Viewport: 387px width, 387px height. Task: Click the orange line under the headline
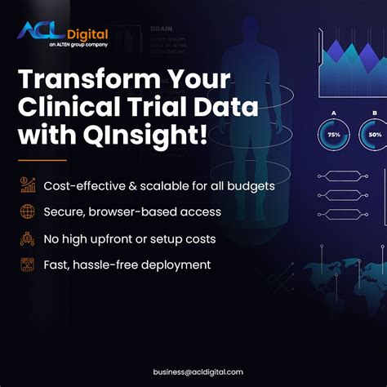42,159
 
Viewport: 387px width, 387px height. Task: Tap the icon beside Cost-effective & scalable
27,186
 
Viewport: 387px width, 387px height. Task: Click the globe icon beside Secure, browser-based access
27,212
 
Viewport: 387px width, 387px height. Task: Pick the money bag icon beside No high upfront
27,238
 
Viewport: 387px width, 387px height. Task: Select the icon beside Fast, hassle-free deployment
27,265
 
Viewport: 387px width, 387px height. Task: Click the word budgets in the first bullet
249,186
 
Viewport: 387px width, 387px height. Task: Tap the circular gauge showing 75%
335,133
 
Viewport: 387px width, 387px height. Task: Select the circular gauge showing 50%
375,133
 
